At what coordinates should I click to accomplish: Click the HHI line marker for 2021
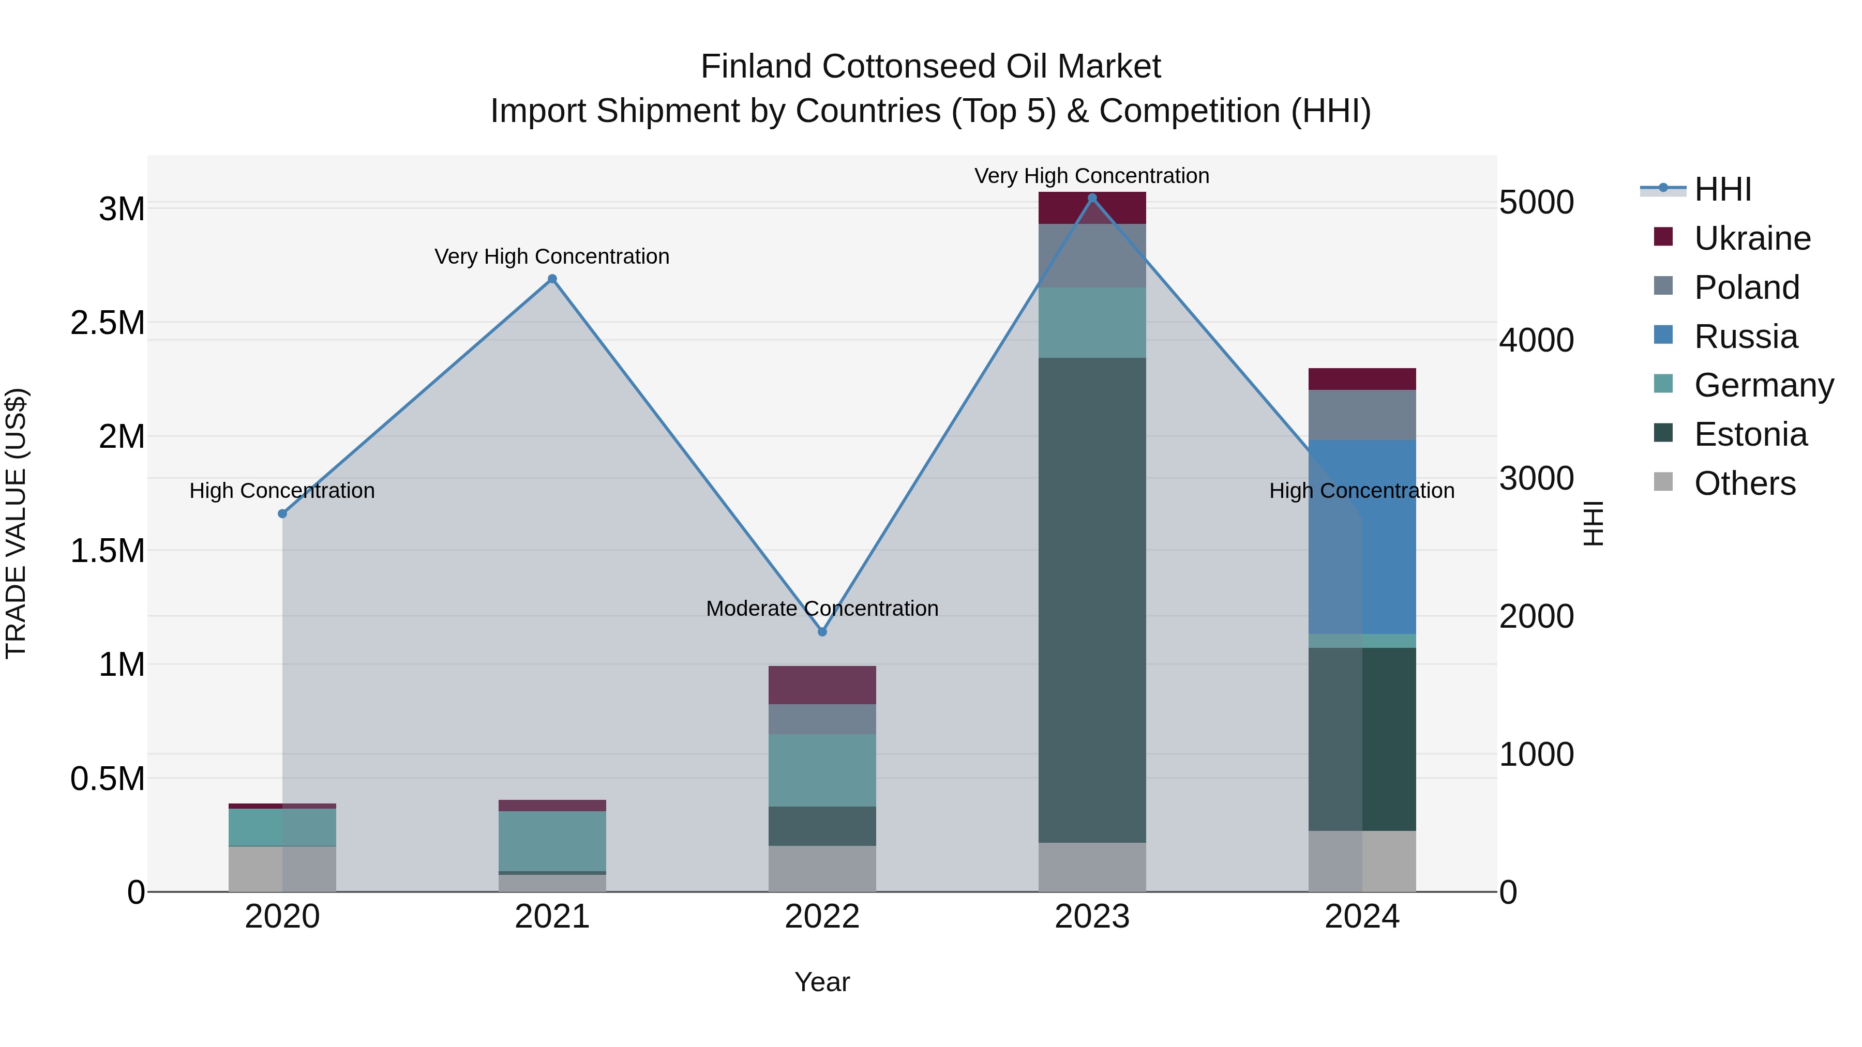[x=552, y=279]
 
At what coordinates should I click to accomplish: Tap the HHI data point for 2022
[x=822, y=631]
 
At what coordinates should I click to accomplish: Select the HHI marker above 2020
[x=282, y=514]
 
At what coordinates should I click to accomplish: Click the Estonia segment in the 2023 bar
[x=1091, y=600]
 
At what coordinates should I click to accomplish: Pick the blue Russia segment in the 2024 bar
[x=1362, y=536]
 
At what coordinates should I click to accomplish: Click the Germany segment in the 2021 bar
[x=552, y=841]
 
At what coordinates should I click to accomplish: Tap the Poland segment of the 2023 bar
[x=1091, y=256]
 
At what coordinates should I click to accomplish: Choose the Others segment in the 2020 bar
[x=282, y=869]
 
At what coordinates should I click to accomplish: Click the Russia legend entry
[x=1745, y=337]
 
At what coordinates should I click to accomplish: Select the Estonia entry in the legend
[x=1749, y=434]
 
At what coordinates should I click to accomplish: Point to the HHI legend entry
[x=1722, y=189]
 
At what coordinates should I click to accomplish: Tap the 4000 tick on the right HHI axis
[x=1536, y=340]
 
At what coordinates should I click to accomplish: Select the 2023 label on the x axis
[x=1091, y=916]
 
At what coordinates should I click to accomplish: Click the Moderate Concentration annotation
[x=822, y=609]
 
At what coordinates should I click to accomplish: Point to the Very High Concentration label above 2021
[x=552, y=256]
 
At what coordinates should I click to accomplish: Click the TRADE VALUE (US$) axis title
[x=16, y=523]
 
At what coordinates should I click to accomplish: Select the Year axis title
[x=822, y=982]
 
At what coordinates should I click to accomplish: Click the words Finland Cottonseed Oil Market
[x=930, y=67]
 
